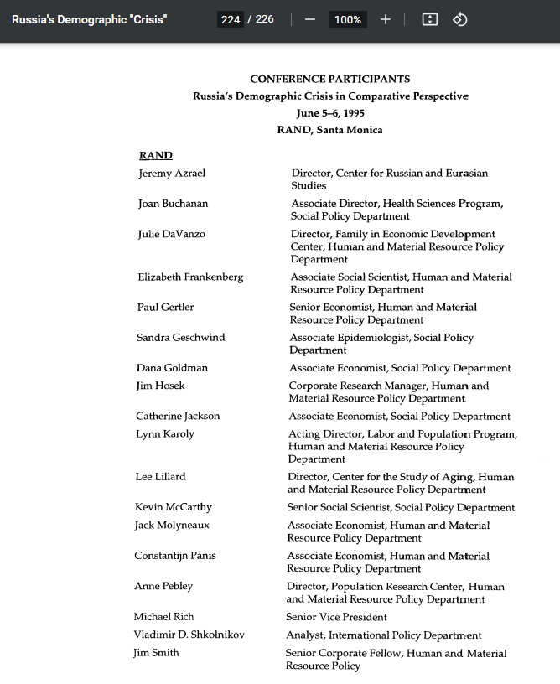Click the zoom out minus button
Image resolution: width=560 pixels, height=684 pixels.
coord(310,19)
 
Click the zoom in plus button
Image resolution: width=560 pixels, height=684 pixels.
coord(386,19)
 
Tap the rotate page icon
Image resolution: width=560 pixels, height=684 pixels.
coord(459,19)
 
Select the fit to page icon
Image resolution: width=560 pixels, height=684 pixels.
coord(430,19)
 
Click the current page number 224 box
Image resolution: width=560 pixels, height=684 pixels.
coord(231,19)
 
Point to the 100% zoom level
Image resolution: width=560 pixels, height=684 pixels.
coord(347,19)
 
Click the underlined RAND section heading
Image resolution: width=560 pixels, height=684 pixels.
coord(156,155)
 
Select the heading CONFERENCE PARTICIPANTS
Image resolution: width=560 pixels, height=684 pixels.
coord(330,79)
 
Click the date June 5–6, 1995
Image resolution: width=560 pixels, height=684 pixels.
coord(330,113)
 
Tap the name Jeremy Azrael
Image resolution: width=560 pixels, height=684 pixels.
coord(172,174)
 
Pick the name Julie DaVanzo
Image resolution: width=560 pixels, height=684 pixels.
coord(172,234)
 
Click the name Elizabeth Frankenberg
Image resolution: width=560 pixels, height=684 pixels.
coord(190,277)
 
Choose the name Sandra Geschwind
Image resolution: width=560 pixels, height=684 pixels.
coord(180,338)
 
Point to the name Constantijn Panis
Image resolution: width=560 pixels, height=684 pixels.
coord(176,556)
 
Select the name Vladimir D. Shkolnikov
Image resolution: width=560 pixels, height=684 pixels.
coord(189,635)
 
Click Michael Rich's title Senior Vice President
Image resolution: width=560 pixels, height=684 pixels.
coord(336,617)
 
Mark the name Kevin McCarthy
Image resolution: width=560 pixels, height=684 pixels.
coord(174,507)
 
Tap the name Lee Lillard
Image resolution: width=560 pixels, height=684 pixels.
coord(160,477)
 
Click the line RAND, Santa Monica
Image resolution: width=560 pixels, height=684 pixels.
coord(330,130)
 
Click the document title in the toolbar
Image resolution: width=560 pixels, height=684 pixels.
coord(89,19)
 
